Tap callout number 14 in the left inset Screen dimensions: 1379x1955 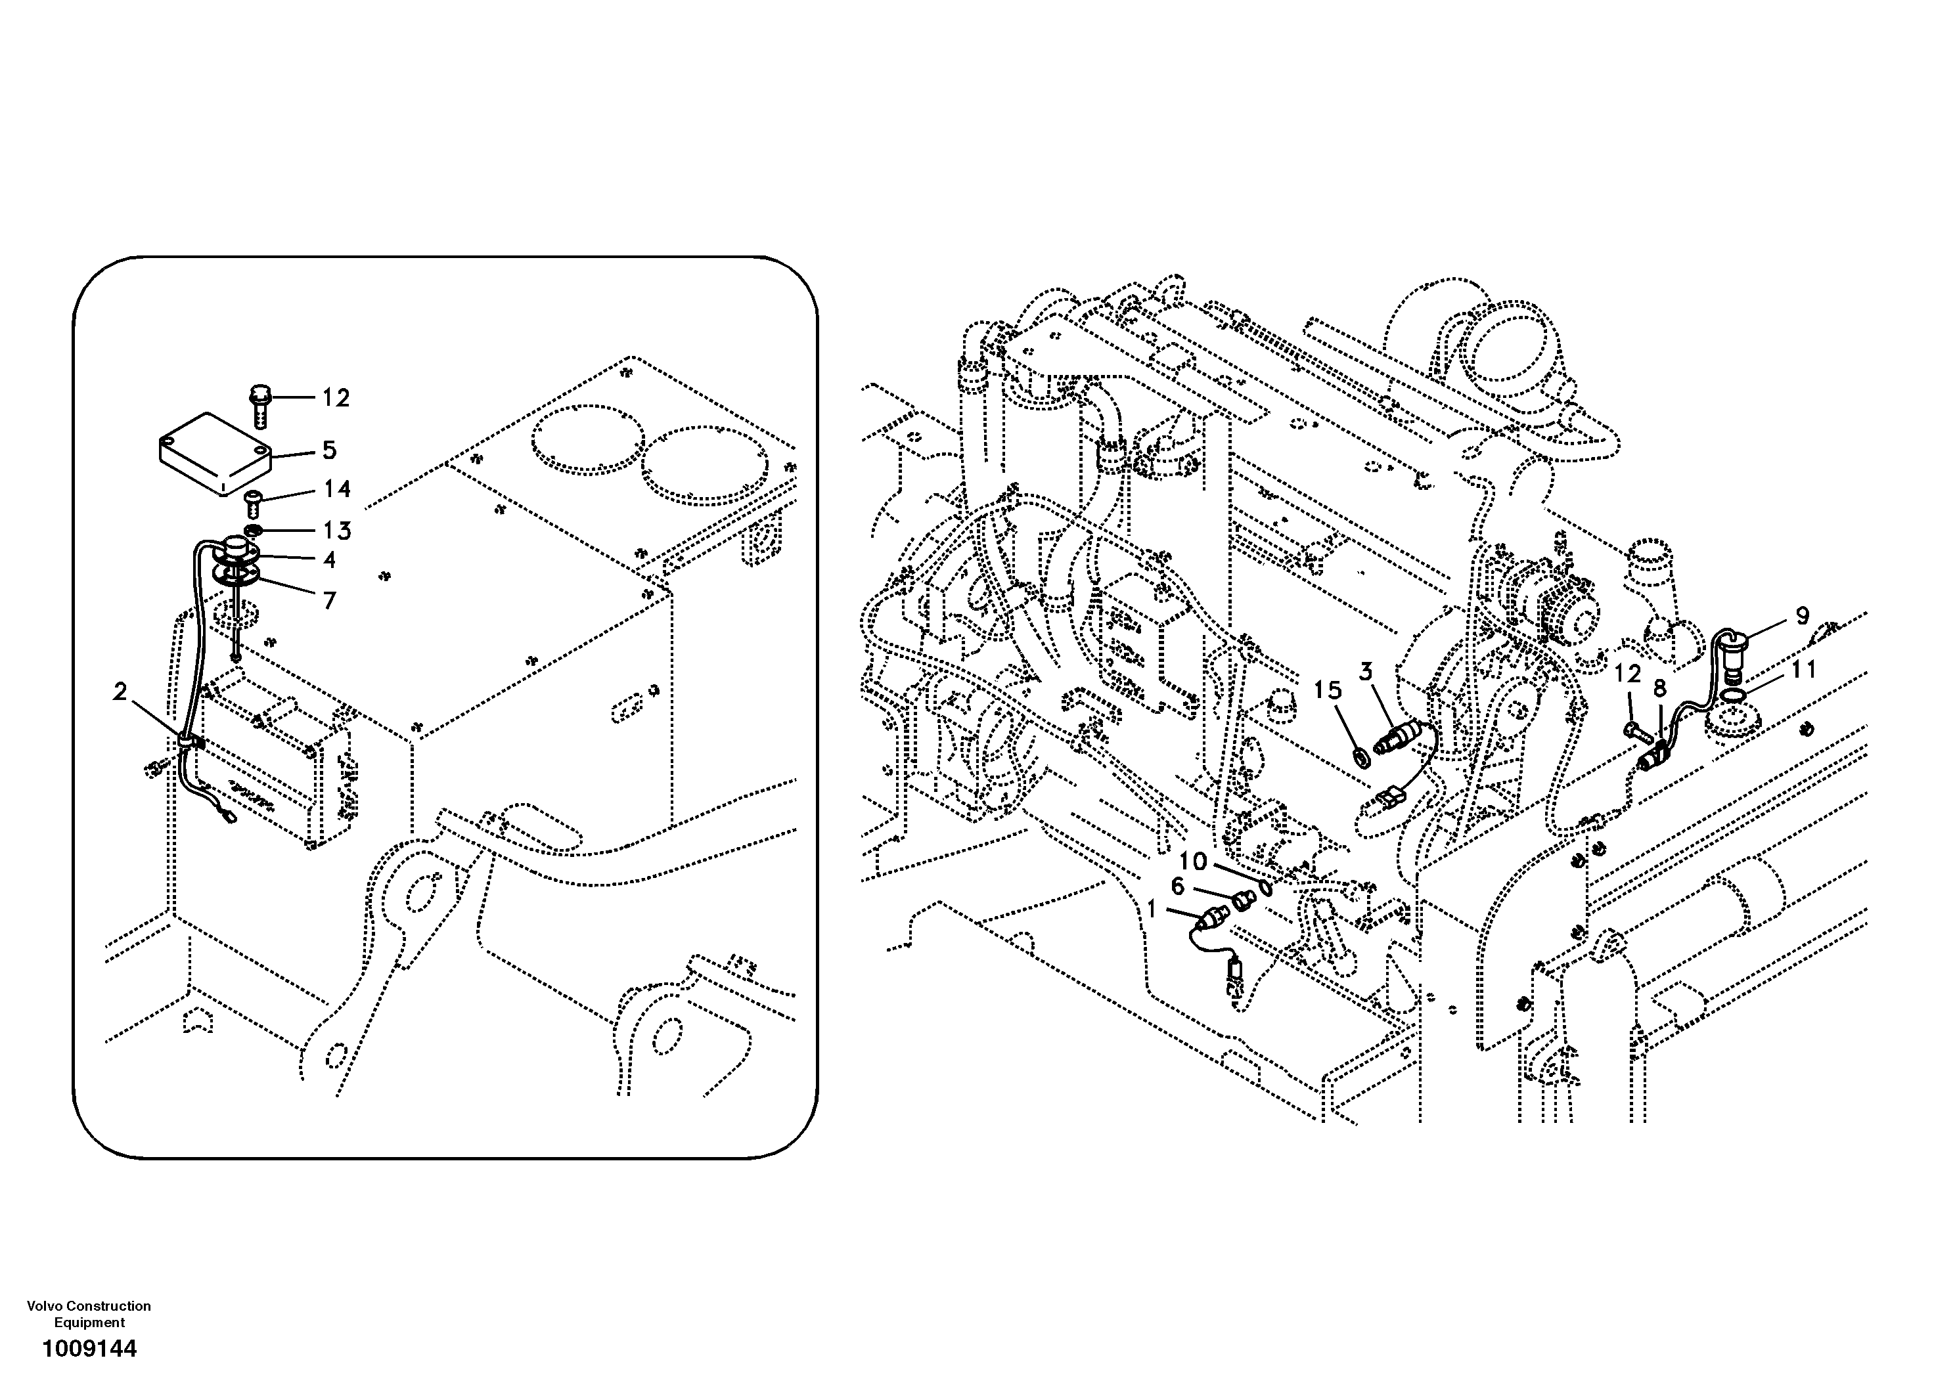coord(337,489)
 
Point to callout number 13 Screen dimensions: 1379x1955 coord(337,531)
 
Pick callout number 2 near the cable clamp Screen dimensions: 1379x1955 coord(120,692)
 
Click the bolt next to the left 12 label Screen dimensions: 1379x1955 coord(258,405)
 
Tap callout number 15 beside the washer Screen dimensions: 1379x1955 coord(1326,690)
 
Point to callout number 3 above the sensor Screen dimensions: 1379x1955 coord(1366,672)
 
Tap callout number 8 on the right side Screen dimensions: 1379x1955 coord(1659,688)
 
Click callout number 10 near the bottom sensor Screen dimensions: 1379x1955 coord(1193,862)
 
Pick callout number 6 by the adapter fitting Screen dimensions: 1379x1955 coord(1178,887)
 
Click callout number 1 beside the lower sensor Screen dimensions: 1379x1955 coord(1152,910)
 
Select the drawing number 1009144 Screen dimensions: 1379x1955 coord(89,1349)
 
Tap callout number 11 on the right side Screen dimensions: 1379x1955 coord(1803,670)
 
